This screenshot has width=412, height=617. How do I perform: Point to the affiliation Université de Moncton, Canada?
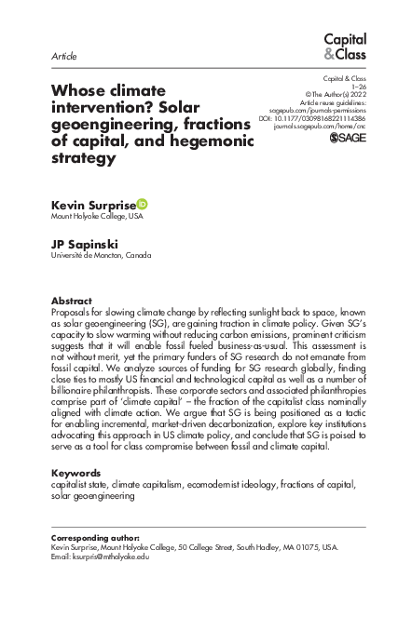coord(101,254)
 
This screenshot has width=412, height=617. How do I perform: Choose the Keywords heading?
coord(76,473)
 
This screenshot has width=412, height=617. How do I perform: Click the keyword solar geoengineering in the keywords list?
coord(96,496)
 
